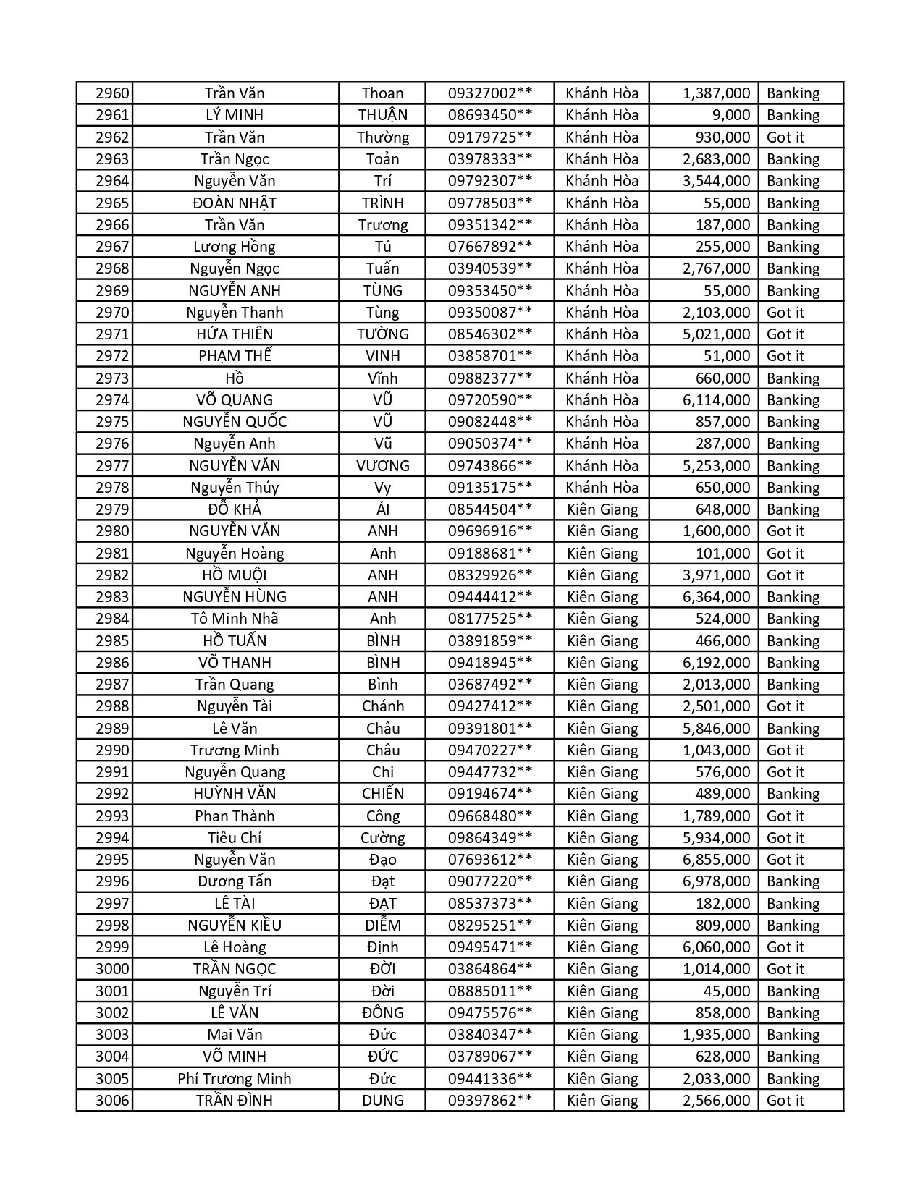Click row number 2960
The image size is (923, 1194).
(112, 93)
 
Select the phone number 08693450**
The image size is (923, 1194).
(490, 115)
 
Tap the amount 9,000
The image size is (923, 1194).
(731, 115)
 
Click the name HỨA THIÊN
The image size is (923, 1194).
(235, 334)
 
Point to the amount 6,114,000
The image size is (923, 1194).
(716, 400)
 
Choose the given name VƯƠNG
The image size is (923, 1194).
(382, 466)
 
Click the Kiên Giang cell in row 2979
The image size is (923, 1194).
(602, 509)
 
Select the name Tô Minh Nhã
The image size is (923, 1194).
(235, 619)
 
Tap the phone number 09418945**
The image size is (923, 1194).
(490, 663)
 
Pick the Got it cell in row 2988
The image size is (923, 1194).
(785, 706)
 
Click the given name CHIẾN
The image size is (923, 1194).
(382, 794)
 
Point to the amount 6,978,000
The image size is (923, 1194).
(716, 881)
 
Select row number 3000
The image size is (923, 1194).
(112, 969)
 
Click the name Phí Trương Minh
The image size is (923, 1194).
(235, 1079)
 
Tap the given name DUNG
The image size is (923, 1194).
(382, 1101)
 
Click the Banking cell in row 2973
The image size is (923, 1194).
(793, 378)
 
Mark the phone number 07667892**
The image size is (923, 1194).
(490, 247)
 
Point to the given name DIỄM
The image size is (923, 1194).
(382, 926)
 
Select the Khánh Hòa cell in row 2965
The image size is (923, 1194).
(602, 203)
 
